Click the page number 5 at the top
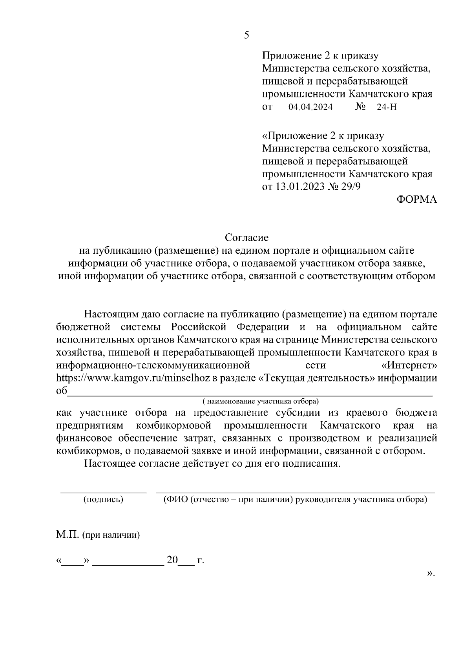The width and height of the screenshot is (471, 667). pyautogui.click(x=246, y=35)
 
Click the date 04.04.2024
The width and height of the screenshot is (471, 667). pyautogui.click(x=310, y=107)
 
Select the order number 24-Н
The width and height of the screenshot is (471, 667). pyautogui.click(x=386, y=107)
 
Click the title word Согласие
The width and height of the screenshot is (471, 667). pyautogui.click(x=246, y=237)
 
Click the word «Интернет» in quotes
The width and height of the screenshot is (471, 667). pyautogui.click(x=409, y=365)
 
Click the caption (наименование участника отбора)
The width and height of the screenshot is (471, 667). pyautogui.click(x=260, y=401)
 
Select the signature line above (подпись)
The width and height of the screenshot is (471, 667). pyautogui.click(x=103, y=492)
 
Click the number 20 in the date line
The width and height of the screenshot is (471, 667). pyautogui.click(x=172, y=560)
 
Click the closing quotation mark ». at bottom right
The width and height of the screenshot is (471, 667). pyautogui.click(x=431, y=574)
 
